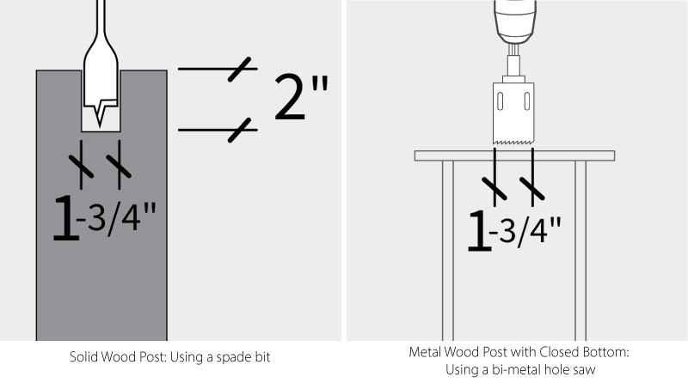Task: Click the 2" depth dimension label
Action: [x=300, y=96]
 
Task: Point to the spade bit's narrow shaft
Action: [x=101, y=21]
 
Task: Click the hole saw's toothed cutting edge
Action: [x=514, y=141]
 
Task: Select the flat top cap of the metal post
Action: [x=514, y=155]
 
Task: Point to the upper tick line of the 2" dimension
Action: [x=215, y=69]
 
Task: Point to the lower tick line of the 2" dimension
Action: [x=215, y=130]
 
